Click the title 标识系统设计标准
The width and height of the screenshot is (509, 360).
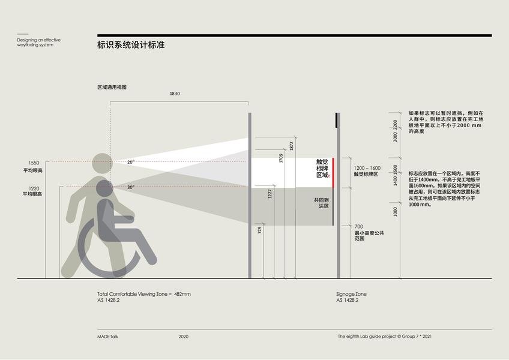(x=131, y=45)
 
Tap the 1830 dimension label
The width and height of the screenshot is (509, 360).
(x=175, y=94)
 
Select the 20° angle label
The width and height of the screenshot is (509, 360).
(x=131, y=162)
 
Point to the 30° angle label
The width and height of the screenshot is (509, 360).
(x=131, y=187)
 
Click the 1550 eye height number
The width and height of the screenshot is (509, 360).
(x=34, y=163)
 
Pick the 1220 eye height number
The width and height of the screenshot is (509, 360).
(x=34, y=188)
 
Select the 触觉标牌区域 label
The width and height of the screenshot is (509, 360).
(x=323, y=169)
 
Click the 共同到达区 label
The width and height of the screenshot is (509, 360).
(x=322, y=203)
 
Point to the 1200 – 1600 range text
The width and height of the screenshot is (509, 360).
(x=367, y=168)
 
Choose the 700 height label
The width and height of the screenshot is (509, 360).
(x=359, y=226)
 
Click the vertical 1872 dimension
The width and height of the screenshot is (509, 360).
(x=291, y=146)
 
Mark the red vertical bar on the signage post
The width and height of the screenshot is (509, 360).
(x=333, y=169)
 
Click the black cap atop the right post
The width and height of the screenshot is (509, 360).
(x=337, y=120)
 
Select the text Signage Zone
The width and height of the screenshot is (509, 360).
(x=351, y=294)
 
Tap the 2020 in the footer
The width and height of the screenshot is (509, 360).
(x=183, y=337)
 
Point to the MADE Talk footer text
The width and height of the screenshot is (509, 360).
(x=107, y=337)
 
